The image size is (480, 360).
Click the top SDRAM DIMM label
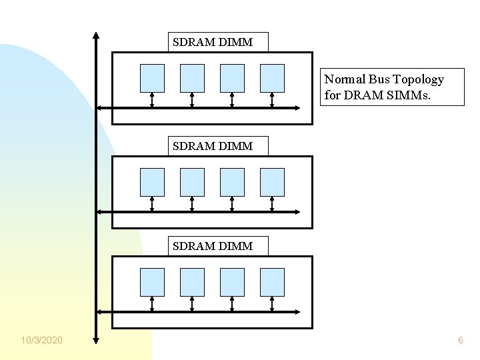coord(213,42)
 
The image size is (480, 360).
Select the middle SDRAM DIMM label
coord(213,145)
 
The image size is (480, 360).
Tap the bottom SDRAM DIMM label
coord(213,246)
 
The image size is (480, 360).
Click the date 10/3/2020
coord(42,341)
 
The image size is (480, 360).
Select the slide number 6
coord(460,341)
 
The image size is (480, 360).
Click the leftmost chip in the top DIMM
coord(152,77)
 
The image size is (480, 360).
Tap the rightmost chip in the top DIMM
coord(272,77)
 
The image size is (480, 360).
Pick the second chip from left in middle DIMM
coord(192,181)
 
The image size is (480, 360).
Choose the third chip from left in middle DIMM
coord(232,181)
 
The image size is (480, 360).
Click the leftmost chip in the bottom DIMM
coord(152,282)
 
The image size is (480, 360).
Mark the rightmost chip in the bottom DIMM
coord(272,282)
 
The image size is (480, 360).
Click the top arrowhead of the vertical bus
coord(96,35)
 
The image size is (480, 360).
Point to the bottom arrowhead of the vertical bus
coord(96,339)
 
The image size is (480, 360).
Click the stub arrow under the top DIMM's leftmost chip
coord(152,99)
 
